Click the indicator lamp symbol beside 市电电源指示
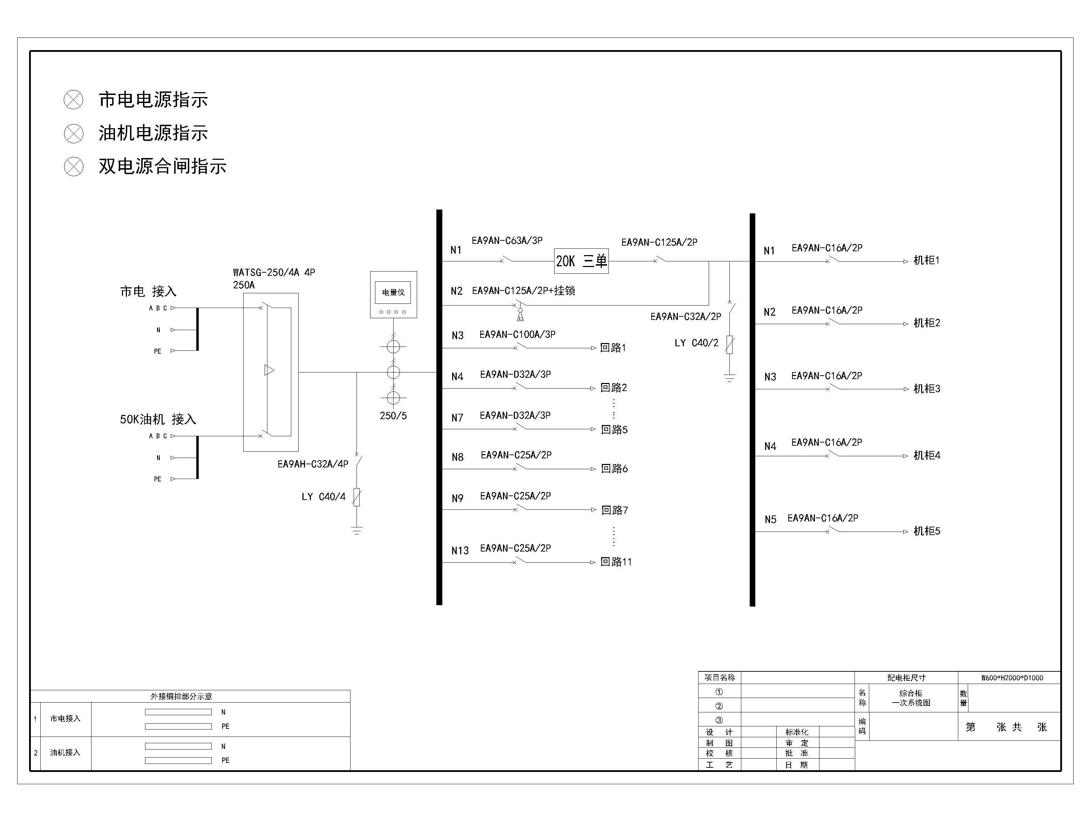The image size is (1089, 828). (x=74, y=100)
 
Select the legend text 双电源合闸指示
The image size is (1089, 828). (x=162, y=166)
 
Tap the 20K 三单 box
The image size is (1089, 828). (x=581, y=261)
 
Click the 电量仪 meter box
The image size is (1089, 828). (x=393, y=294)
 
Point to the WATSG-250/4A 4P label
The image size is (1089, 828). (x=274, y=272)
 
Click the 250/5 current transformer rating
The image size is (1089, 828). (x=393, y=416)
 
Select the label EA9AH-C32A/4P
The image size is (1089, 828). (x=313, y=464)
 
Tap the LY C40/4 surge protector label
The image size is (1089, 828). (x=324, y=496)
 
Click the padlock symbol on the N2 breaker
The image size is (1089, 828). (x=520, y=314)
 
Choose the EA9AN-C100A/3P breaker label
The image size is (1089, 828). (x=517, y=334)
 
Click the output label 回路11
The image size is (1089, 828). (x=616, y=561)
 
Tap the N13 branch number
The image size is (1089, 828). (x=460, y=550)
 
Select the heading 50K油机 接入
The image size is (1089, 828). (x=158, y=419)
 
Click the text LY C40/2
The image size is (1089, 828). (x=696, y=343)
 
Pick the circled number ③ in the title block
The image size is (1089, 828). (x=719, y=720)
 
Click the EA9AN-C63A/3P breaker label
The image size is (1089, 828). (x=507, y=240)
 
